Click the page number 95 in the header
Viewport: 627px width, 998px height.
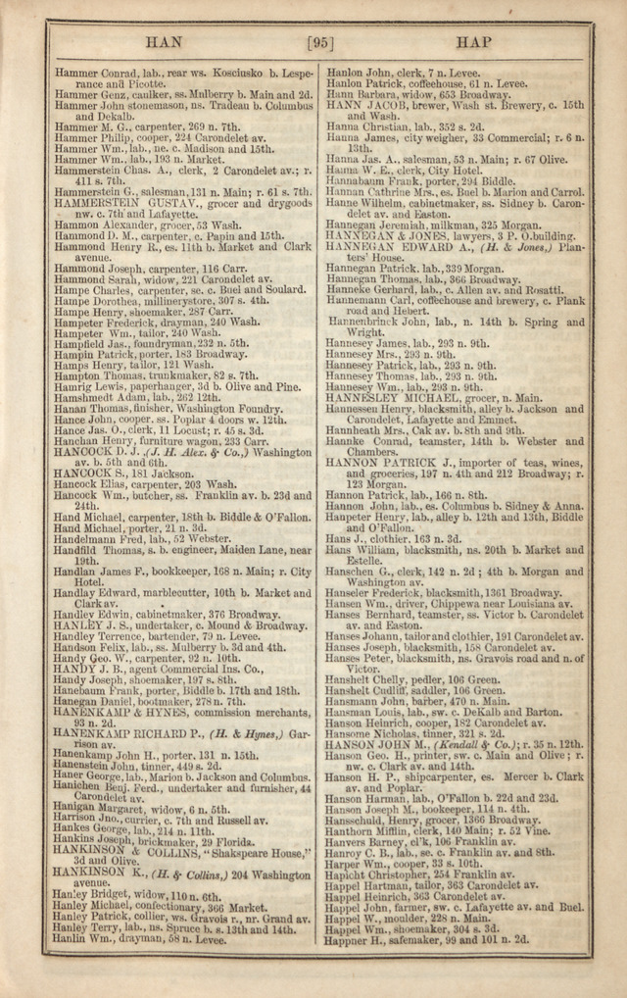click(320, 43)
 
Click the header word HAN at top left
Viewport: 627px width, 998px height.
click(163, 43)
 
